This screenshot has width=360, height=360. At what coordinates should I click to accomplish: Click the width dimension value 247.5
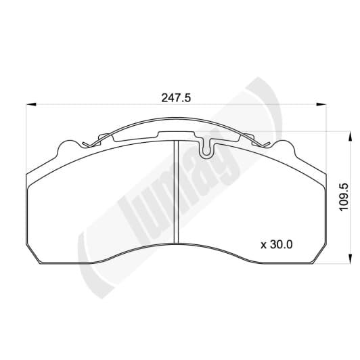pos(176,98)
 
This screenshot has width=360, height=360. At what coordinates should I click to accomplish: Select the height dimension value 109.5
pos(344,197)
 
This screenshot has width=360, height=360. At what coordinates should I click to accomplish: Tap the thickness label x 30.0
pos(276,244)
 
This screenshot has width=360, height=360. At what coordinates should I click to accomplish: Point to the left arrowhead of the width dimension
pos(31,104)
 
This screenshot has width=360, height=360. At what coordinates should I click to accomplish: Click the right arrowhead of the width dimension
pos(321,104)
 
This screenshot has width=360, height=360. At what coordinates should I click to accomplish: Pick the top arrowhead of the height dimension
pos(350,137)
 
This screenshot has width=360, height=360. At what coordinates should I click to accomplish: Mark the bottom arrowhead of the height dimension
pos(350,258)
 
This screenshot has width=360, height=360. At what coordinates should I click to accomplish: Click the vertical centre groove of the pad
pos(176,192)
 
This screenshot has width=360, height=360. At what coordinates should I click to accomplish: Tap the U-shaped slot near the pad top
pos(206,150)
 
